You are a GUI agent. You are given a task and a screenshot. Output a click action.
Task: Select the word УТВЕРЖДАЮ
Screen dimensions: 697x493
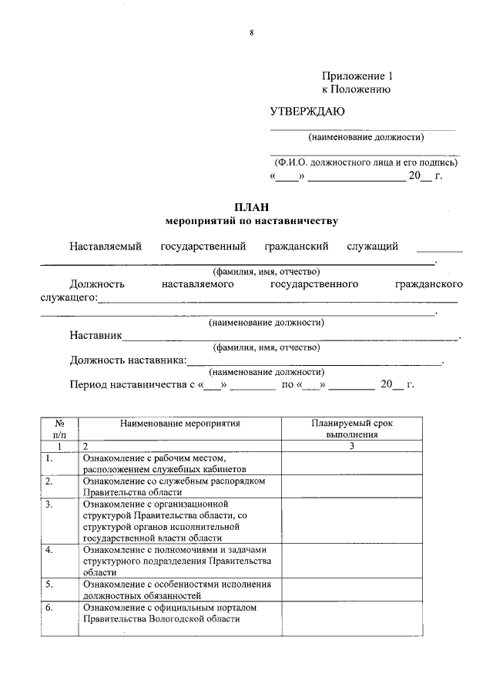[x=307, y=112]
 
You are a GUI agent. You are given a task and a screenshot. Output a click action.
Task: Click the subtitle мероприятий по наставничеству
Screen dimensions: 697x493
[x=252, y=221]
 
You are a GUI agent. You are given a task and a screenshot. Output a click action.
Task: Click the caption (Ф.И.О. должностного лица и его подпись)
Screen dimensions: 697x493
[x=366, y=163]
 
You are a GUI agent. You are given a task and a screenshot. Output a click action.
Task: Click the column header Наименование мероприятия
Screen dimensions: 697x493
[x=180, y=424]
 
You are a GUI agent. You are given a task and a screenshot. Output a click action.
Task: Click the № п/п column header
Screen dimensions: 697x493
[x=59, y=429]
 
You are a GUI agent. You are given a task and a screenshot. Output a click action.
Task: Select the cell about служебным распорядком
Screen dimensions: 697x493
[x=180, y=486]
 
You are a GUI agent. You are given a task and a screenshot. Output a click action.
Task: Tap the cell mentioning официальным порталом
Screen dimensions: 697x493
[x=180, y=613]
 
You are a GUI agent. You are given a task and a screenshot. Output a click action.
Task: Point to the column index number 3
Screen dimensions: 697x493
[x=351, y=446]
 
